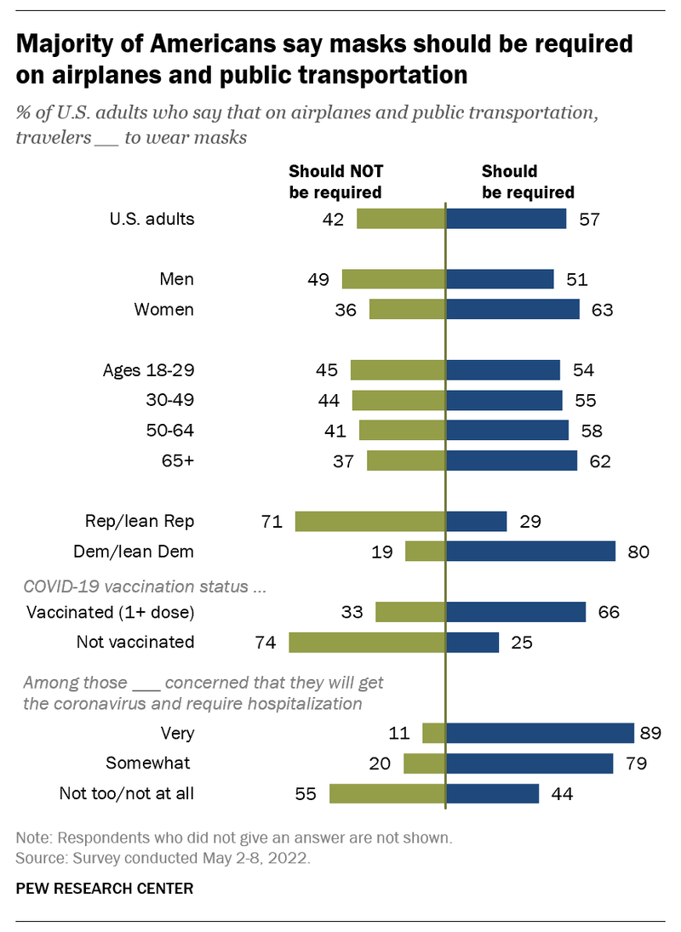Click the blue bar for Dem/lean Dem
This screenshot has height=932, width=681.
[x=530, y=552]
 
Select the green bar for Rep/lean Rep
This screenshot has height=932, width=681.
[x=370, y=522]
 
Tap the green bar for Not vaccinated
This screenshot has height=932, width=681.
[x=367, y=642]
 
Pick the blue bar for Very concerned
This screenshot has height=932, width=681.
[x=540, y=733]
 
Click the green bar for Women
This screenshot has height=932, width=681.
[x=407, y=309]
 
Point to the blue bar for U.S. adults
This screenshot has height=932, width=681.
[x=506, y=219]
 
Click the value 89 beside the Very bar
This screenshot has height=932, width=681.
[x=651, y=733]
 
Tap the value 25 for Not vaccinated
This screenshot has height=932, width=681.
[x=522, y=642]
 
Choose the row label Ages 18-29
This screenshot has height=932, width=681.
[x=148, y=370]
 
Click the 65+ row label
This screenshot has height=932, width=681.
[x=178, y=461]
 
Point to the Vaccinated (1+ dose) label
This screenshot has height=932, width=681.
[x=110, y=612]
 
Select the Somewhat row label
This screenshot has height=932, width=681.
[x=148, y=763]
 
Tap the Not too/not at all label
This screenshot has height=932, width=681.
[x=126, y=793]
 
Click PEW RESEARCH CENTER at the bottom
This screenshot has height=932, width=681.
[x=105, y=889]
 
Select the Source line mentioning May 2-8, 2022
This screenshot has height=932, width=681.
[x=163, y=858]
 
